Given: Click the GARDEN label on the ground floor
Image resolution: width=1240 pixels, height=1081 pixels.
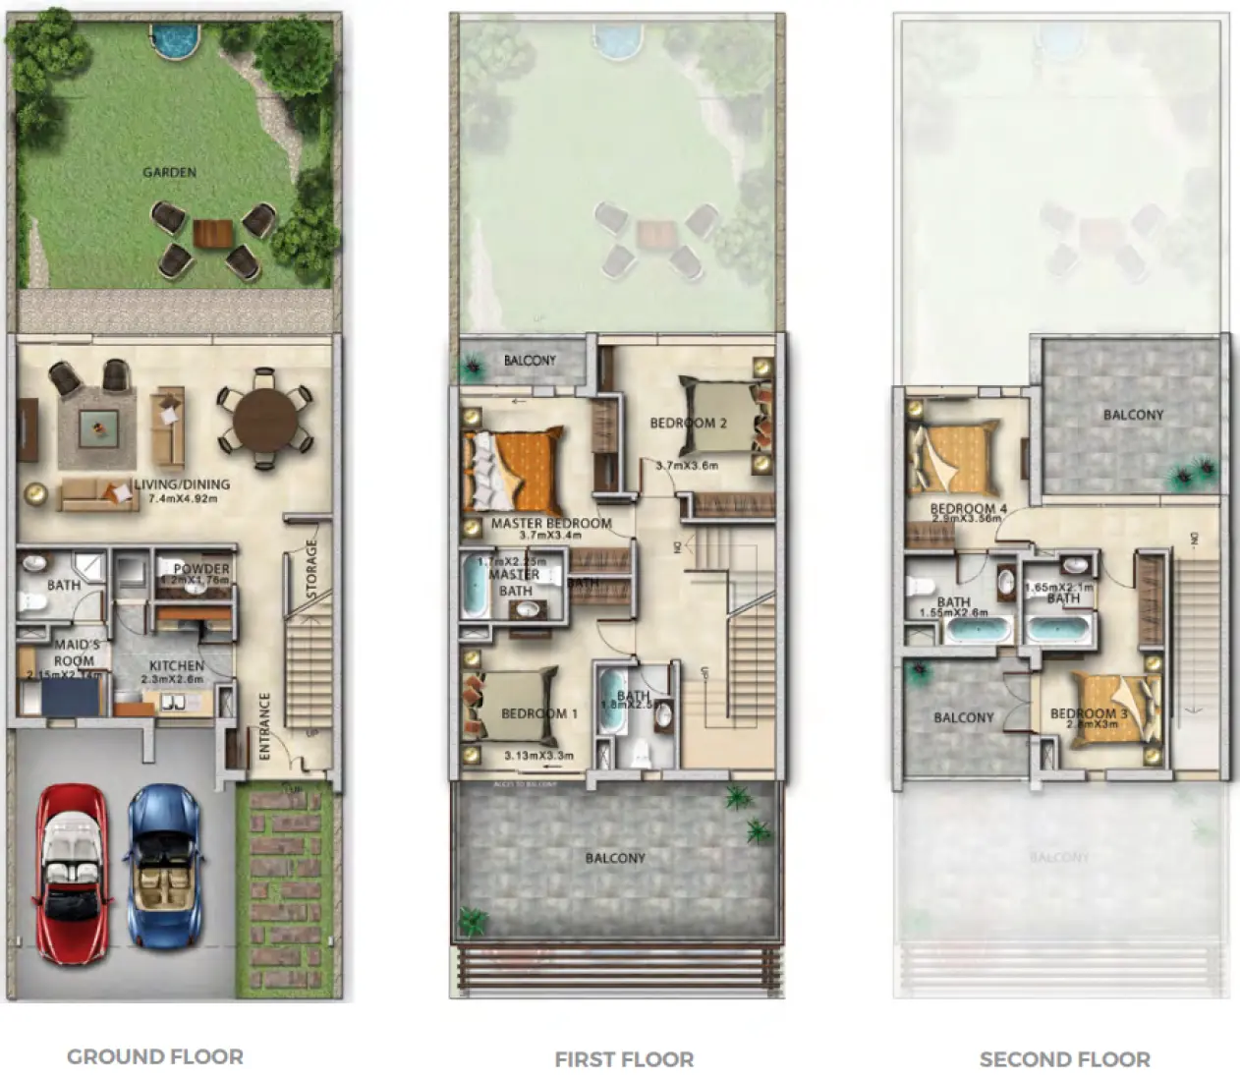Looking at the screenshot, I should pyautogui.click(x=169, y=172).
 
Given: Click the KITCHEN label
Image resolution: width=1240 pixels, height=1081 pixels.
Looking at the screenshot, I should pyautogui.click(x=177, y=666).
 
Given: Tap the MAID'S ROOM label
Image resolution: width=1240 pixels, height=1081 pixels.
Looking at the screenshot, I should pyautogui.click(x=76, y=653).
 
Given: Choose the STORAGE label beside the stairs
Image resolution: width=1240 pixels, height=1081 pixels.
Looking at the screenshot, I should pyautogui.click(x=312, y=570).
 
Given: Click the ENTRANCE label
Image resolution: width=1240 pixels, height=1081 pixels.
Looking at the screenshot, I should pyautogui.click(x=264, y=726).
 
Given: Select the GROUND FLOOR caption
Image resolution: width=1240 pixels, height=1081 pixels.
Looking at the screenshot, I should pyautogui.click(x=155, y=1057).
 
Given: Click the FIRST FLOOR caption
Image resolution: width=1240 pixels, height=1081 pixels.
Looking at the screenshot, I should pyautogui.click(x=624, y=1059).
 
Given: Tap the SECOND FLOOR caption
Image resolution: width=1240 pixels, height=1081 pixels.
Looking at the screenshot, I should pyautogui.click(x=1064, y=1059).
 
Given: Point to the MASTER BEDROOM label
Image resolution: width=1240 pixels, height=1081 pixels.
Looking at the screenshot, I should pyautogui.click(x=551, y=524).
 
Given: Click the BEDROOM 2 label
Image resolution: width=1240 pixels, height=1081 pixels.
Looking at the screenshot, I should pyautogui.click(x=688, y=424).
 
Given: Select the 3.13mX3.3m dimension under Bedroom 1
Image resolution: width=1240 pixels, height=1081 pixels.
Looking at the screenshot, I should pyautogui.click(x=538, y=756).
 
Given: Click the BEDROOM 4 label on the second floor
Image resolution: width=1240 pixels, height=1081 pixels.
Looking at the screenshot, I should pyautogui.click(x=968, y=509).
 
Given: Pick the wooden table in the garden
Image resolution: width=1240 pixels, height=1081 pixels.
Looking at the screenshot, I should pyautogui.click(x=213, y=234).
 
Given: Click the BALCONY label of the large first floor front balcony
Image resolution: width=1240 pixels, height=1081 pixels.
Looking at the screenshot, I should pyautogui.click(x=615, y=858).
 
